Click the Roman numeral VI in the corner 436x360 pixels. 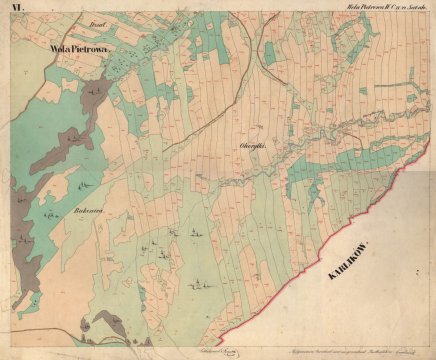click(x=16, y=11)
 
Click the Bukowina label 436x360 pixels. click(x=91, y=211)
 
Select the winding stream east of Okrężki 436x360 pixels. click(x=330, y=130)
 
